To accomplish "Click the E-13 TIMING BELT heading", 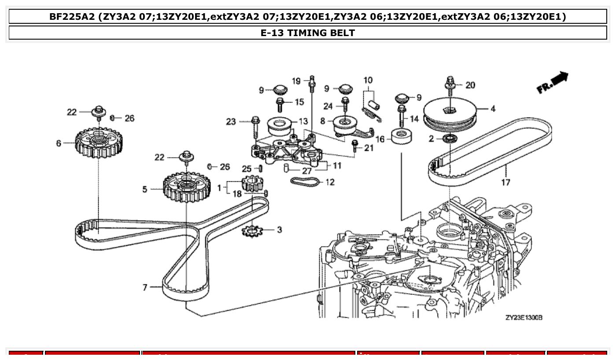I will click(308, 33).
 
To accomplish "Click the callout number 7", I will click(145, 287).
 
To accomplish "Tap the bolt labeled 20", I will click(450, 87).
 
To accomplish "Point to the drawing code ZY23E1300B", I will click(524, 317).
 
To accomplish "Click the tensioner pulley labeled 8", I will click(344, 124).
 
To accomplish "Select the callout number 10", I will click(368, 80).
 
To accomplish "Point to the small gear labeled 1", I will click(252, 183).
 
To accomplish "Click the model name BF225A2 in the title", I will click(72, 17).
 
